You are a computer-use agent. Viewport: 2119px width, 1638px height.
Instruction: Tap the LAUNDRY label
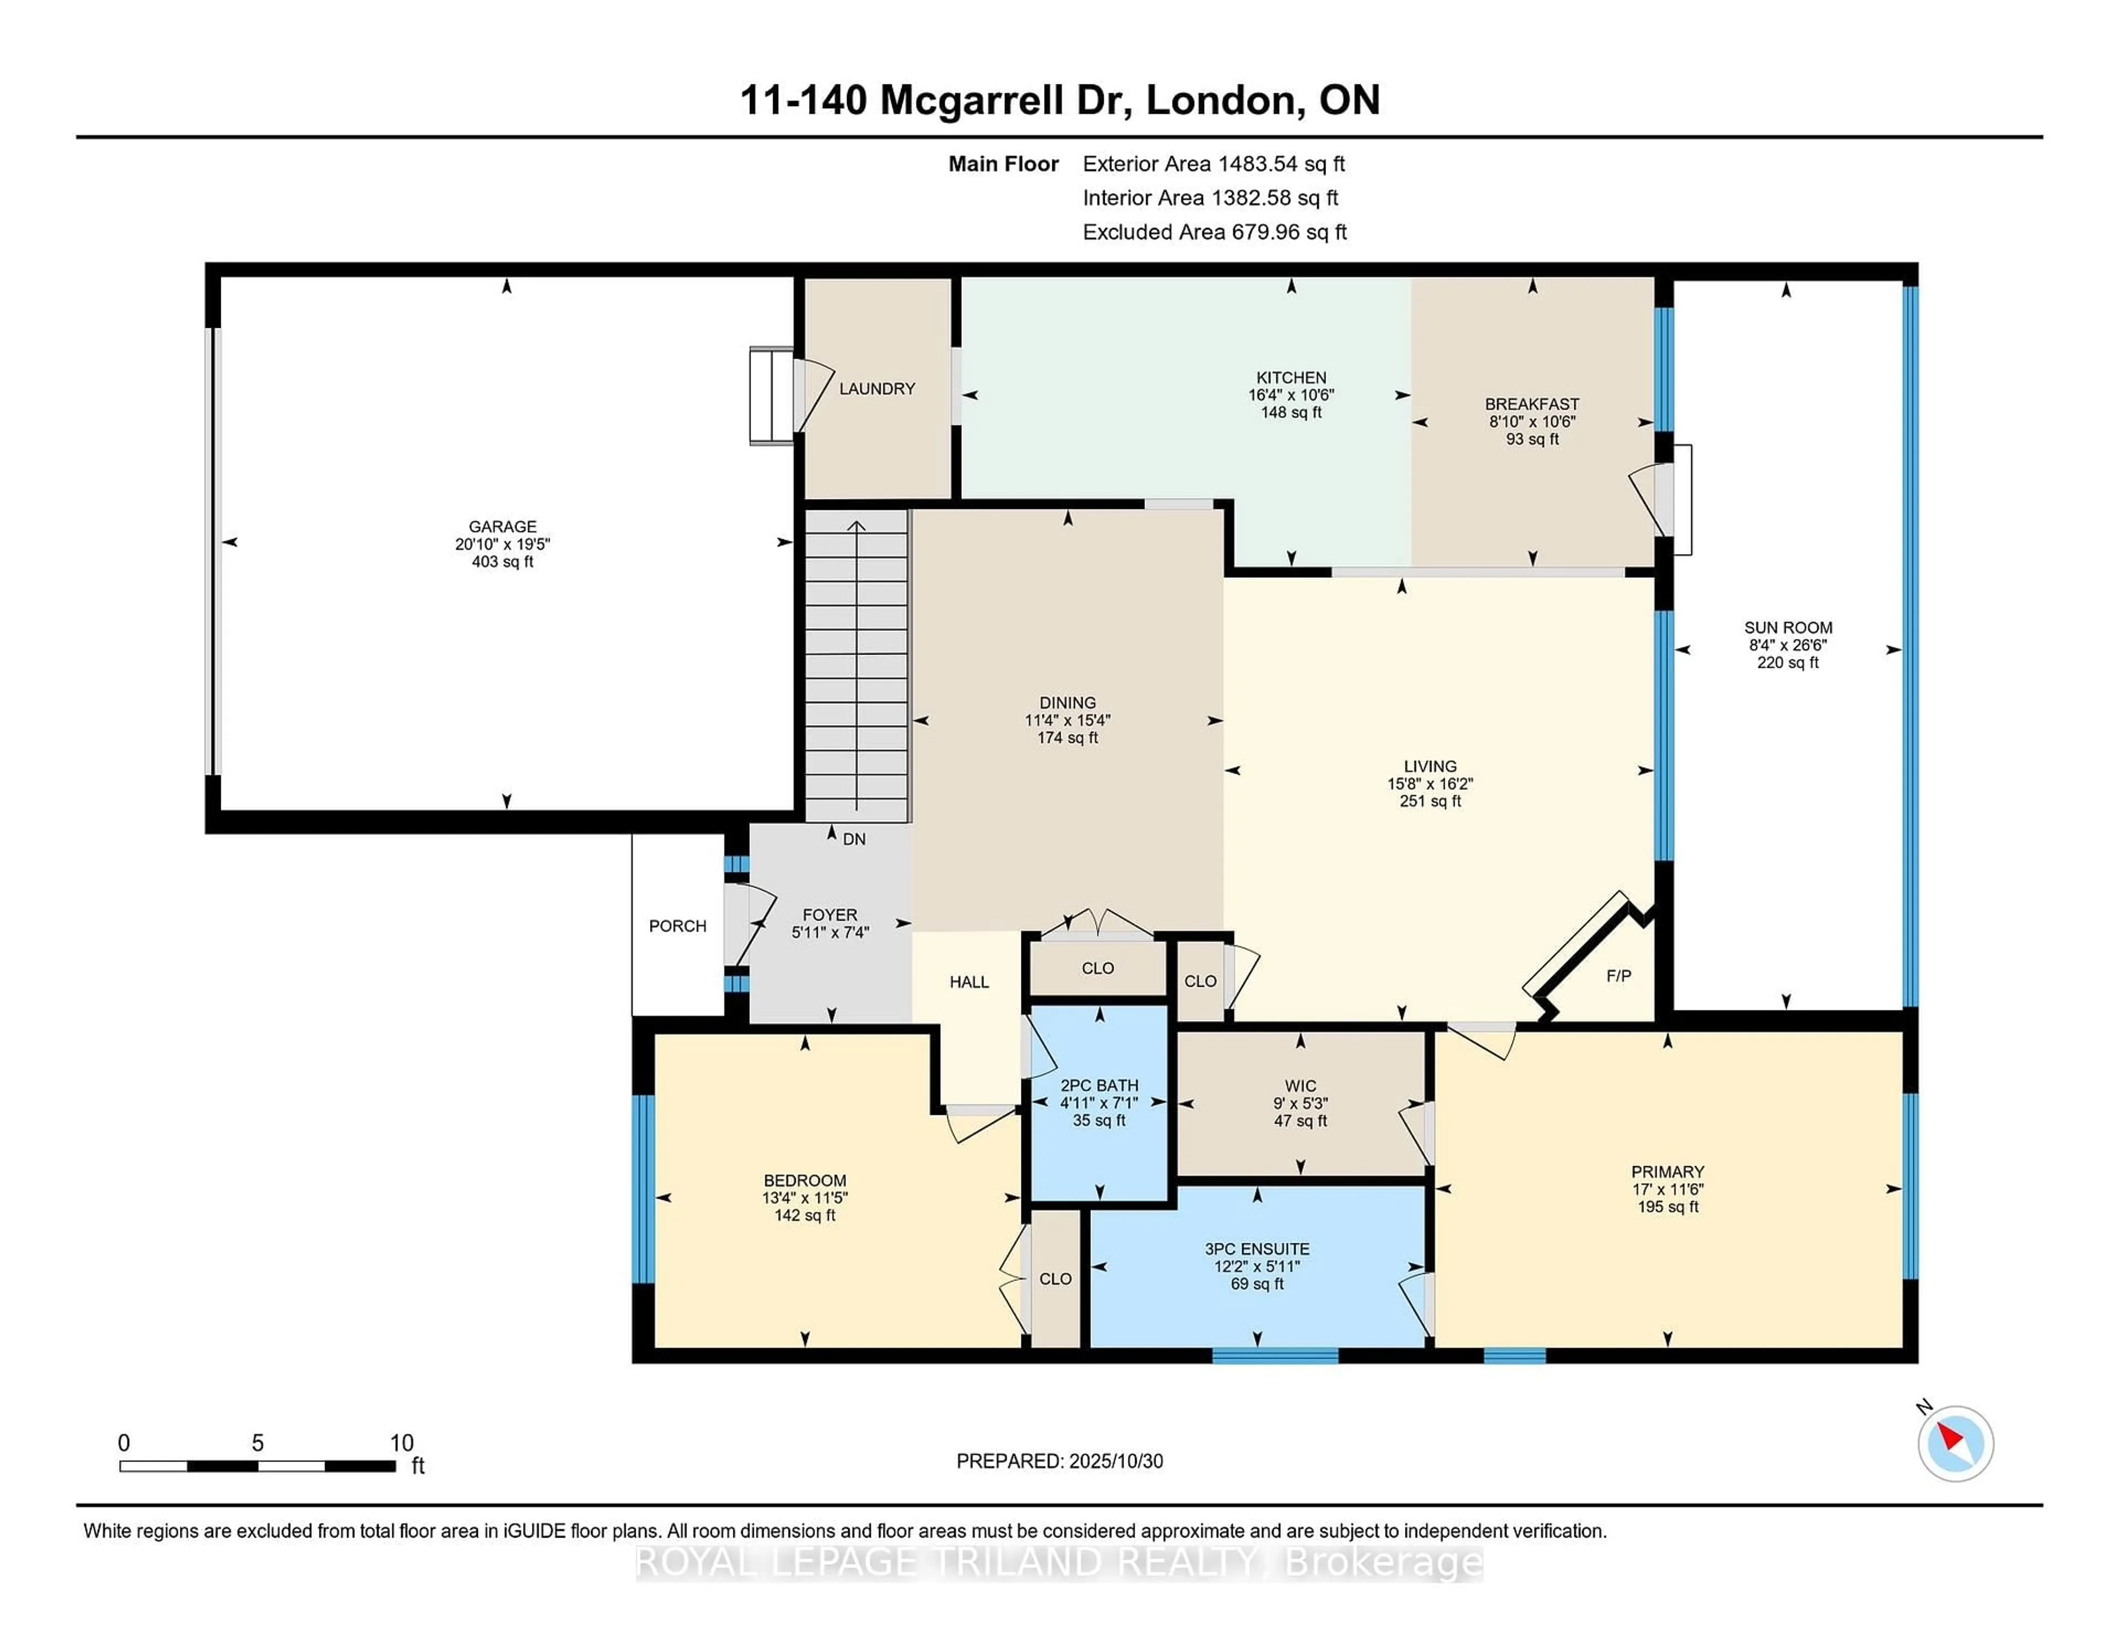(x=876, y=388)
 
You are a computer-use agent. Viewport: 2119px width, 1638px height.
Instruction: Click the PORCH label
(x=677, y=926)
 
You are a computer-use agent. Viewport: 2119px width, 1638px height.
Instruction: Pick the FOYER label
(x=829, y=914)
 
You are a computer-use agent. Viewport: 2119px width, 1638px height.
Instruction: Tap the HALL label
(x=968, y=982)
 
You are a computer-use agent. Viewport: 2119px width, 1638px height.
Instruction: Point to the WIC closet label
(x=1300, y=1086)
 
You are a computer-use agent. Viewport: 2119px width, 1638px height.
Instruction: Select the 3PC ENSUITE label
(x=1257, y=1249)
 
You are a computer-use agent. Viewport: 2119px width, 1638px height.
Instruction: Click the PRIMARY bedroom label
(x=1667, y=1171)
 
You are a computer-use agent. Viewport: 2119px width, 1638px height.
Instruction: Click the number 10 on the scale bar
(x=401, y=1443)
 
